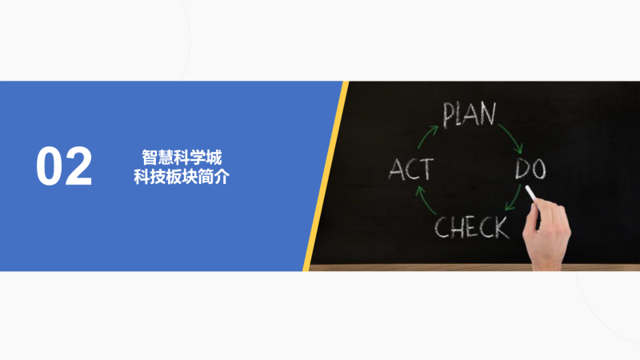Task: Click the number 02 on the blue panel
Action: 64,166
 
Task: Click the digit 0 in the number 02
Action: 50,166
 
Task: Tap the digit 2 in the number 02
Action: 78,166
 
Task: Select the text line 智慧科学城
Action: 182,158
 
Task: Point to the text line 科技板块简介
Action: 182,176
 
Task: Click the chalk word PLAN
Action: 470,114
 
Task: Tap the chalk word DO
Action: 530,169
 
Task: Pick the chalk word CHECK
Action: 472,227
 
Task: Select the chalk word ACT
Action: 410,170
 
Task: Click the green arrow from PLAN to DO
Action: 512,136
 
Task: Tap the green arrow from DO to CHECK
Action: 514,198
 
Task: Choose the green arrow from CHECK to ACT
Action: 425,201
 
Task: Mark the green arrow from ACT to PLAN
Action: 426,136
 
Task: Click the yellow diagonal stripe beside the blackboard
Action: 326,176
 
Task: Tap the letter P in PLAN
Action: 450,115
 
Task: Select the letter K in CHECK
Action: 502,228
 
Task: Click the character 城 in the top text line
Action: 214,158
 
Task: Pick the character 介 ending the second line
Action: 222,176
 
